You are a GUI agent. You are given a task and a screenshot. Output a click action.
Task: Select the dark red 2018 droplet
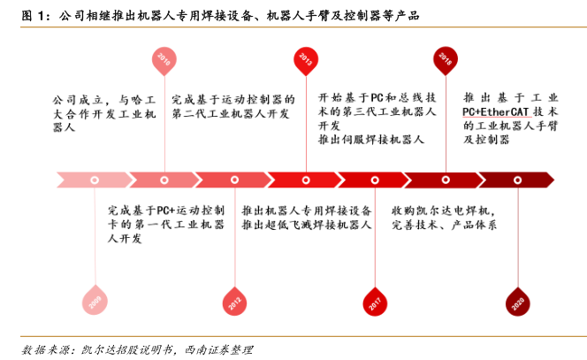(445, 59)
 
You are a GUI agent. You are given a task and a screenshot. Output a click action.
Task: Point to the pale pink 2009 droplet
(94, 301)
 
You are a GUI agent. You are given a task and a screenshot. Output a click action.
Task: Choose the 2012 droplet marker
(233, 301)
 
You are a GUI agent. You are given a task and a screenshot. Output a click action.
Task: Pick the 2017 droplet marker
(375, 301)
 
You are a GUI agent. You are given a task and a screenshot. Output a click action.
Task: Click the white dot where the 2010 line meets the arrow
(164, 180)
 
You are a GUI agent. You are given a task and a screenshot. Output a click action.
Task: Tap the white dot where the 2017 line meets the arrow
(375, 180)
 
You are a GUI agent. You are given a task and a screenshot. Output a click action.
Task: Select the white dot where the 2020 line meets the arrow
(516, 180)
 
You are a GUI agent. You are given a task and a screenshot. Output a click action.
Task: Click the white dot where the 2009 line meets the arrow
(95, 180)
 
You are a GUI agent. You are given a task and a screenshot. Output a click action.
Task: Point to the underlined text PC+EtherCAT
(499, 114)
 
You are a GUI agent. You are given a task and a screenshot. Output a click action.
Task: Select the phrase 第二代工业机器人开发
(229, 114)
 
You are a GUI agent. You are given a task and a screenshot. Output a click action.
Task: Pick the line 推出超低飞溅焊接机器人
(305, 226)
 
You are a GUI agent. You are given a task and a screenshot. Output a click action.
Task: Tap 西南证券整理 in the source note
(220, 348)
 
